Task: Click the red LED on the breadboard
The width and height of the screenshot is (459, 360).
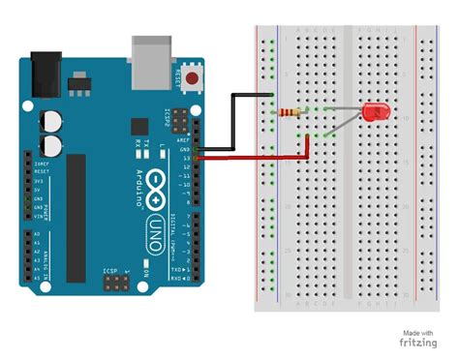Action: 375,113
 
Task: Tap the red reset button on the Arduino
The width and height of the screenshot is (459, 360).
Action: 198,76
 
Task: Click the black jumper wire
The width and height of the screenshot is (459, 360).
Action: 232,121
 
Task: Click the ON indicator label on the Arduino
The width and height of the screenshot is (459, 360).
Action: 146,274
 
